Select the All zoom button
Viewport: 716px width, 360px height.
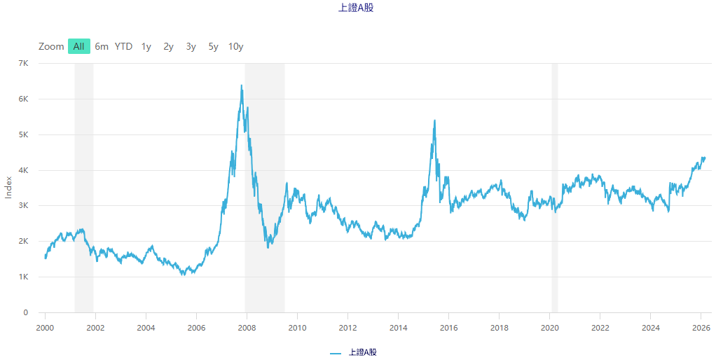(78, 47)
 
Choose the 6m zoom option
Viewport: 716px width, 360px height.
(102, 47)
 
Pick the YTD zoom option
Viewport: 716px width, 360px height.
(123, 47)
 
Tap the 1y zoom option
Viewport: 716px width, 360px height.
(146, 47)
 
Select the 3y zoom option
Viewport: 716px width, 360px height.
(191, 47)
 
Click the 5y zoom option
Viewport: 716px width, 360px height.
(213, 47)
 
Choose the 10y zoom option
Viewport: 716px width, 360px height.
(235, 47)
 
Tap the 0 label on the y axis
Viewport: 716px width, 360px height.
(25, 313)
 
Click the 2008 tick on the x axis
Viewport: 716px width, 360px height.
(247, 326)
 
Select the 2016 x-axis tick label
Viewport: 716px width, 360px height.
(448, 326)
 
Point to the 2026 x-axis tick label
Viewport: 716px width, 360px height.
(701, 326)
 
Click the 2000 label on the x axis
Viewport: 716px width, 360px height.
(45, 326)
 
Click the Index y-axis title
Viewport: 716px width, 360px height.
(8, 187)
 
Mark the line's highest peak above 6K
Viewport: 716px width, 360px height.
(242, 85)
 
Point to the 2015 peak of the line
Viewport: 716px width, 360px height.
(435, 120)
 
